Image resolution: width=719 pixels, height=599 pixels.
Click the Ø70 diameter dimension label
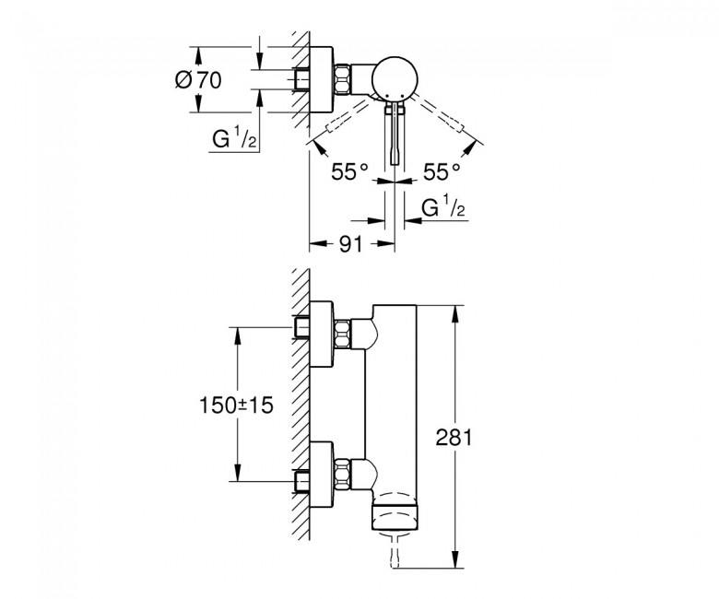pyautogui.click(x=198, y=80)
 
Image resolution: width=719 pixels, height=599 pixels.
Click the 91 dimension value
pyautogui.click(x=351, y=244)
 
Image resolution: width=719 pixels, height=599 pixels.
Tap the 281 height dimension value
pyautogui.click(x=454, y=437)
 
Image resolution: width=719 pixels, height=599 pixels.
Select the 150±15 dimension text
pyautogui.click(x=236, y=405)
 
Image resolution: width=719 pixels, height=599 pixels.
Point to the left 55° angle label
pyautogui.click(x=350, y=171)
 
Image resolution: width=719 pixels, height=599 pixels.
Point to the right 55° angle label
pyautogui.click(x=442, y=171)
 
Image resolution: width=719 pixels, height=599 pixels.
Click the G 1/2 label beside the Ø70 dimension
pyautogui.click(x=234, y=138)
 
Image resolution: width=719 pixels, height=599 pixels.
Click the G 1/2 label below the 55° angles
pyautogui.click(x=443, y=207)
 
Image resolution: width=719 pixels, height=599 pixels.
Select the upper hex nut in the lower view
pyautogui.click(x=343, y=335)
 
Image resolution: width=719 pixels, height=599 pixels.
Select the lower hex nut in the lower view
pyautogui.click(x=343, y=474)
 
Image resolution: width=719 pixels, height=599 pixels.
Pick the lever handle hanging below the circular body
pyautogui.click(x=395, y=133)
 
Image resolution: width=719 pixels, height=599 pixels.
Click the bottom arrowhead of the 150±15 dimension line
pyautogui.click(x=237, y=473)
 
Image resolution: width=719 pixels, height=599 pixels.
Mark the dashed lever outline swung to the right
pyautogui.click(x=442, y=113)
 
